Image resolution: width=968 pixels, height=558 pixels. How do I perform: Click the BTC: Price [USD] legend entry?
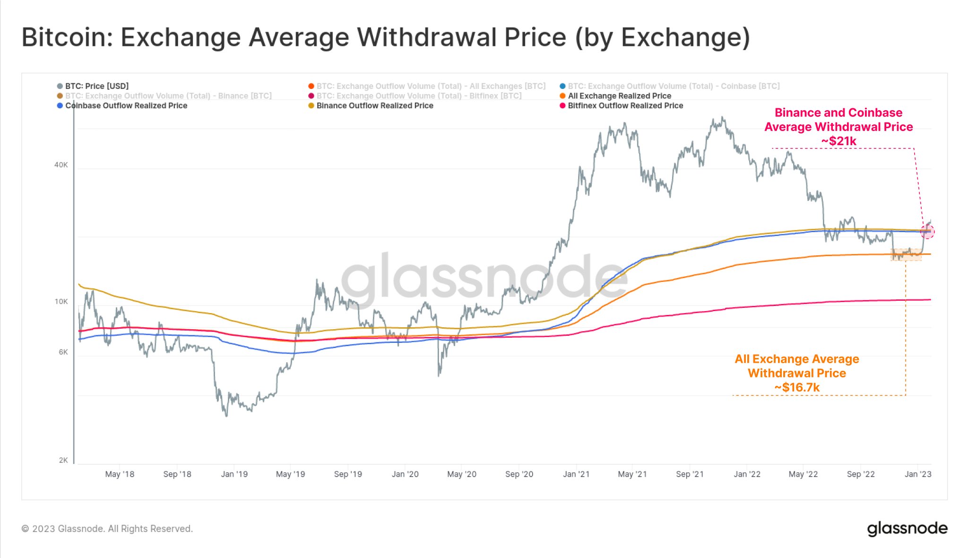(x=96, y=86)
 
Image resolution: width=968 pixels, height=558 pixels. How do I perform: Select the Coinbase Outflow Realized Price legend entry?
(x=126, y=105)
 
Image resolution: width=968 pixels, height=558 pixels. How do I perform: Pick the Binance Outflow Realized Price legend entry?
(x=374, y=105)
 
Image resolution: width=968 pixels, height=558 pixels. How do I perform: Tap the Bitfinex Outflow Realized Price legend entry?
(x=625, y=105)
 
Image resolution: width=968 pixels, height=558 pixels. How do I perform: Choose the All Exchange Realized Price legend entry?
(x=619, y=96)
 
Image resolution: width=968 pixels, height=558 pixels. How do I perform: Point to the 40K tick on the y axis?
(x=61, y=165)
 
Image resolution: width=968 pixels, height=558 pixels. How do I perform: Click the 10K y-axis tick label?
(x=61, y=302)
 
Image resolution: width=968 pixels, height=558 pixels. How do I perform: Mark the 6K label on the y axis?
(x=63, y=352)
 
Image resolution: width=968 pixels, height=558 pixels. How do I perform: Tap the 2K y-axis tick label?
(x=63, y=461)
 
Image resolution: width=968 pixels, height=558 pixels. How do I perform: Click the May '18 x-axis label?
(x=120, y=474)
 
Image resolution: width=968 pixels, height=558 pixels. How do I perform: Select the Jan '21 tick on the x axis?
(x=576, y=474)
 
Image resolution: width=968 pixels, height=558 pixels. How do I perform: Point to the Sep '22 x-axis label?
(x=861, y=474)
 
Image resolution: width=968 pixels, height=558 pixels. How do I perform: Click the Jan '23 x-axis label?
(x=918, y=474)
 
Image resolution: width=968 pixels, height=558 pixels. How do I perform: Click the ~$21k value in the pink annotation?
(x=838, y=141)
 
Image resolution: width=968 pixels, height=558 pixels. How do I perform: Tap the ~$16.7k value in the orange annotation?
(x=797, y=388)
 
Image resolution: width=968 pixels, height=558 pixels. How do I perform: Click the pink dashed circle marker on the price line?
(x=927, y=231)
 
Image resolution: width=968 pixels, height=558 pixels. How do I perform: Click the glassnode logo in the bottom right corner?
(x=907, y=528)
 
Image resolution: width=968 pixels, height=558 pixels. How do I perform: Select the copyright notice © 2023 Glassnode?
(x=107, y=529)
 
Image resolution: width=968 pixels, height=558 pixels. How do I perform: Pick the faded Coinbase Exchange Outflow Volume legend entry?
(x=673, y=86)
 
